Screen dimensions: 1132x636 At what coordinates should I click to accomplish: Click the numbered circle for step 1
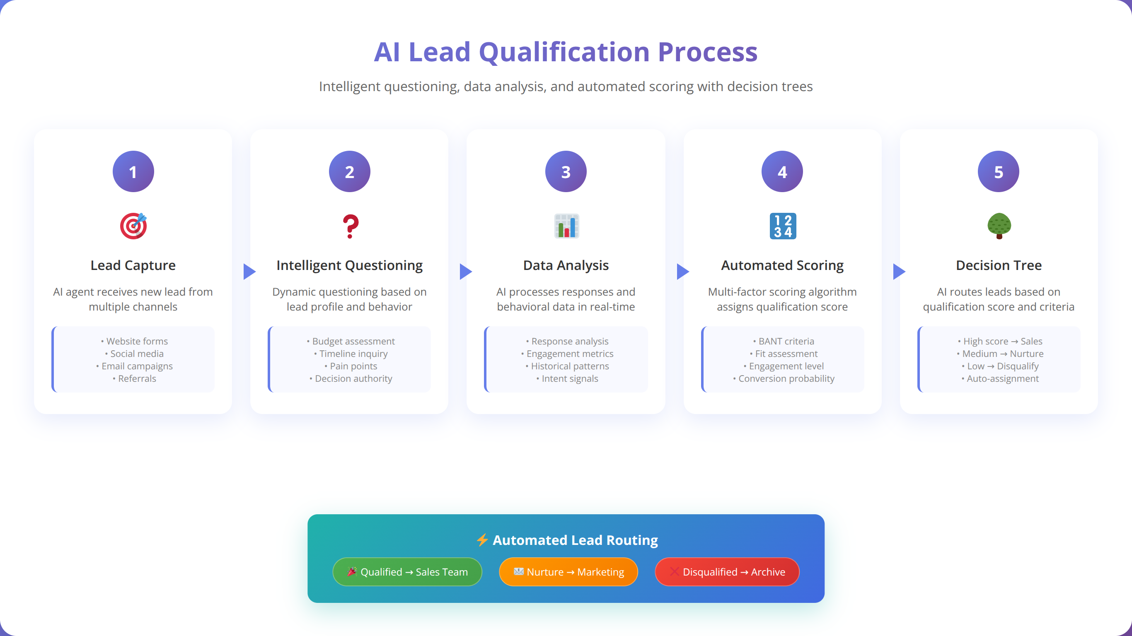(133, 171)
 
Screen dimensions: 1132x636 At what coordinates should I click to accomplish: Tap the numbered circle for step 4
(782, 171)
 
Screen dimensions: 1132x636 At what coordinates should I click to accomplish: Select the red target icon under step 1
(133, 226)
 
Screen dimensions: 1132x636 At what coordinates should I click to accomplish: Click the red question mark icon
(350, 226)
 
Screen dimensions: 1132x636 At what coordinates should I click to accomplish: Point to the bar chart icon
(566, 226)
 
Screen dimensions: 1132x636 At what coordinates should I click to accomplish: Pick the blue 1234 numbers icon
(783, 226)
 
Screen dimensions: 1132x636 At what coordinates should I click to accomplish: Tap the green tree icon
(999, 226)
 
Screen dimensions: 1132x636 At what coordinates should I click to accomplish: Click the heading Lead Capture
(133, 265)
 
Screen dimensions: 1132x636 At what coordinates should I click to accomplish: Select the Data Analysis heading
(566, 265)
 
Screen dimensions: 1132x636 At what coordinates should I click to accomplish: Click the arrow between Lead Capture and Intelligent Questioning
(249, 272)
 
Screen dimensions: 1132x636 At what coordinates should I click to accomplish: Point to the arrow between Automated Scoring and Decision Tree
(899, 272)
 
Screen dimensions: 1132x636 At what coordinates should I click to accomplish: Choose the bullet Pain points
(351, 366)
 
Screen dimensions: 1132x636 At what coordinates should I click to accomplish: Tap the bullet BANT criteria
(784, 341)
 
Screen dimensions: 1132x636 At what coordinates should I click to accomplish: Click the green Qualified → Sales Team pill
(407, 572)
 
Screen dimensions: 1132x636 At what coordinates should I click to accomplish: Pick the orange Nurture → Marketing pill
(568, 572)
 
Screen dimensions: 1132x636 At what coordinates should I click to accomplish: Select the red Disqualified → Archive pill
(727, 572)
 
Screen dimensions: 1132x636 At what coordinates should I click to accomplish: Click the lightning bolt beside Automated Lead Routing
(482, 540)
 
